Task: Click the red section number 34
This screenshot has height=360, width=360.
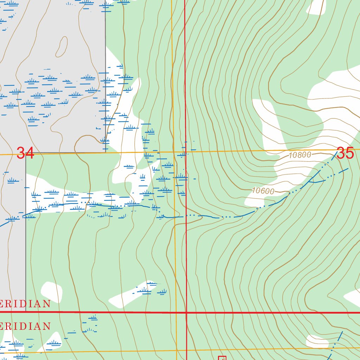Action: click(x=26, y=153)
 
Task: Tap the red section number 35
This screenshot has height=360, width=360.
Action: click(x=345, y=153)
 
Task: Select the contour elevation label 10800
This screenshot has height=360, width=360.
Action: click(x=300, y=155)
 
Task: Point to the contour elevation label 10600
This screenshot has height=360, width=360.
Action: click(x=263, y=191)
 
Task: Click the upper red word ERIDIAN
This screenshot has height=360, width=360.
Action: click(x=25, y=304)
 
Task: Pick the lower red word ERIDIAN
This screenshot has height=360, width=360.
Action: click(x=25, y=326)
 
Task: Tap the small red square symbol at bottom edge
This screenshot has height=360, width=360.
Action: click(x=222, y=358)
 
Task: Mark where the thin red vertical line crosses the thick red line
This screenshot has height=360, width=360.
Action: click(x=186, y=312)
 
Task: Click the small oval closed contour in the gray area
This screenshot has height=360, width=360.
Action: click(x=62, y=46)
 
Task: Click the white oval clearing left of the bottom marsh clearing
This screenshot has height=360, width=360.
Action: click(x=52, y=291)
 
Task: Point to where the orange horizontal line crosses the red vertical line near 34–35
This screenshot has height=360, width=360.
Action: click(x=186, y=152)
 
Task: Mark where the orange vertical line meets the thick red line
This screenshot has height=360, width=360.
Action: click(x=176, y=312)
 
